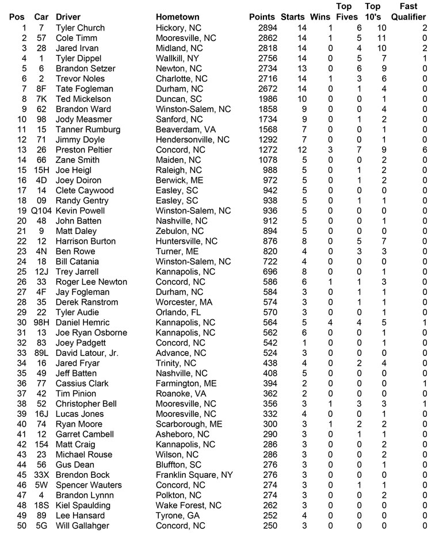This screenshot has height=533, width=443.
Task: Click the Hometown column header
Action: pos(177,17)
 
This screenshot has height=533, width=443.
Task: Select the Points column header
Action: pos(262,17)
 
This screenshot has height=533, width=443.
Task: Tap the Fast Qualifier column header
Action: pos(408,12)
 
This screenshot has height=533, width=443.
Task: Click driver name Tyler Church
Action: pos(80,28)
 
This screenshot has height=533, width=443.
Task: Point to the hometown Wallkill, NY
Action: pos(178,58)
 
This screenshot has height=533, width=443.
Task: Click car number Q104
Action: pos(41,210)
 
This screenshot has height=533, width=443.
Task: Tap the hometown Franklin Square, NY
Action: pos(194,475)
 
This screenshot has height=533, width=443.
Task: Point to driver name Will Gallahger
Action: pos(82,526)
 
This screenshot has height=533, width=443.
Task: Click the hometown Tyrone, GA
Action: pos(175,515)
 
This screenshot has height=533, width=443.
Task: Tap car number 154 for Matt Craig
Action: pos(41,444)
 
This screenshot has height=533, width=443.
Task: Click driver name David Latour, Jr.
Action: pos(87,353)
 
